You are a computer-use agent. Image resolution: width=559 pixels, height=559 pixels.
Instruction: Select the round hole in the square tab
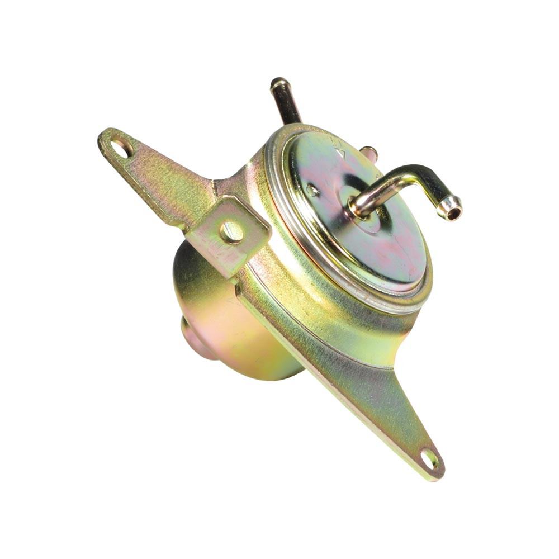point(231,232)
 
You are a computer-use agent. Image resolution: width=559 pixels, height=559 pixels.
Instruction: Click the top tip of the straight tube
point(279,83)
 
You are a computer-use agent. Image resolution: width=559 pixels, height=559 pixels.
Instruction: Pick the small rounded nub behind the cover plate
point(368,152)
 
